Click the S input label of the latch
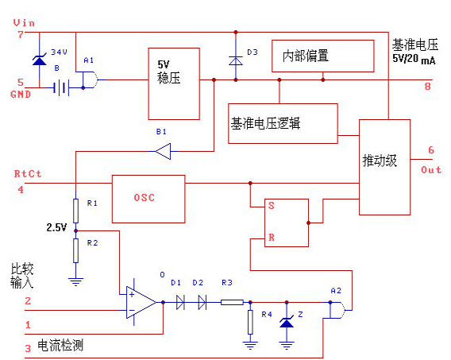point(272,206)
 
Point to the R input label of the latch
point(272,238)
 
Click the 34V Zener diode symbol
point(40,60)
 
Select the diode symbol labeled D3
point(236,60)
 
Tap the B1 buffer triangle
point(163,151)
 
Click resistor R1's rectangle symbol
point(75,211)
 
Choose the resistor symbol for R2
point(75,250)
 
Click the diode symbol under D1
point(180,303)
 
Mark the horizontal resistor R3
point(232,303)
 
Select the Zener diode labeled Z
point(287,323)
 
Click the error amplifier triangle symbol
point(141,303)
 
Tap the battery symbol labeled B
point(61,87)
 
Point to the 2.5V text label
point(56,227)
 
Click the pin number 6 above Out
point(431,150)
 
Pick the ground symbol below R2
point(75,281)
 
